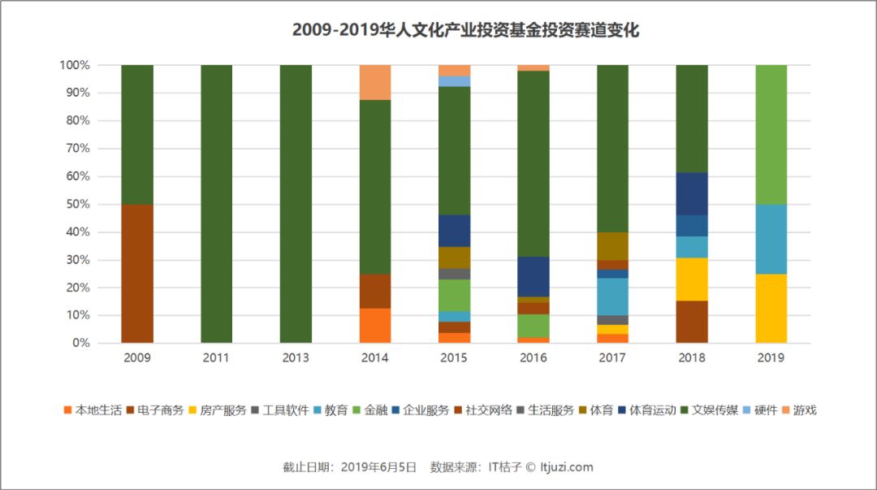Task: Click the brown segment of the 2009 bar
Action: coord(137,273)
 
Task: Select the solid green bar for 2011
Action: coord(216,203)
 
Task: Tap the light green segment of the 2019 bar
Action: coord(771,134)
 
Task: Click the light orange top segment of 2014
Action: coord(375,82)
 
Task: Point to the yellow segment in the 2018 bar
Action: coord(692,280)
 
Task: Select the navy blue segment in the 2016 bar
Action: coord(534,276)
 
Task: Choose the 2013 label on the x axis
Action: coord(296,358)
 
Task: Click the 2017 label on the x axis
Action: coord(613,358)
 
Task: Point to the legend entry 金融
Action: coord(374,410)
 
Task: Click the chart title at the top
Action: coord(465,31)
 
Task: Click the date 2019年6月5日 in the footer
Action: coord(378,467)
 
